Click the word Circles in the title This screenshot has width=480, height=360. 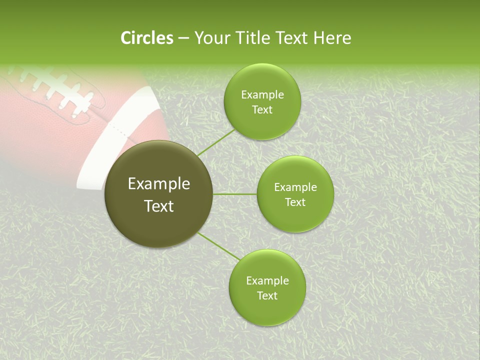[147, 38]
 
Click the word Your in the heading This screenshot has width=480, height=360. [212, 38]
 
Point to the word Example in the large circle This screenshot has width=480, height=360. [159, 184]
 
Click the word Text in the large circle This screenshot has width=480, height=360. [159, 206]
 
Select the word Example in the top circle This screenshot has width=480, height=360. [262, 95]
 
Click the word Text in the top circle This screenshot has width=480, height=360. [262, 110]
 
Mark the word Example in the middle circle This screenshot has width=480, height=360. [295, 187]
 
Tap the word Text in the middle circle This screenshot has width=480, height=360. [295, 202]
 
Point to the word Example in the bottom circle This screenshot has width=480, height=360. [267, 281]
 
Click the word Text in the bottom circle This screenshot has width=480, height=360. [267, 296]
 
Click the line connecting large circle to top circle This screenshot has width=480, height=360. [216, 142]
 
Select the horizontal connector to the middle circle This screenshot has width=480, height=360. [235, 194]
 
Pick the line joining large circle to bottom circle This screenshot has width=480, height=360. [218, 246]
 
